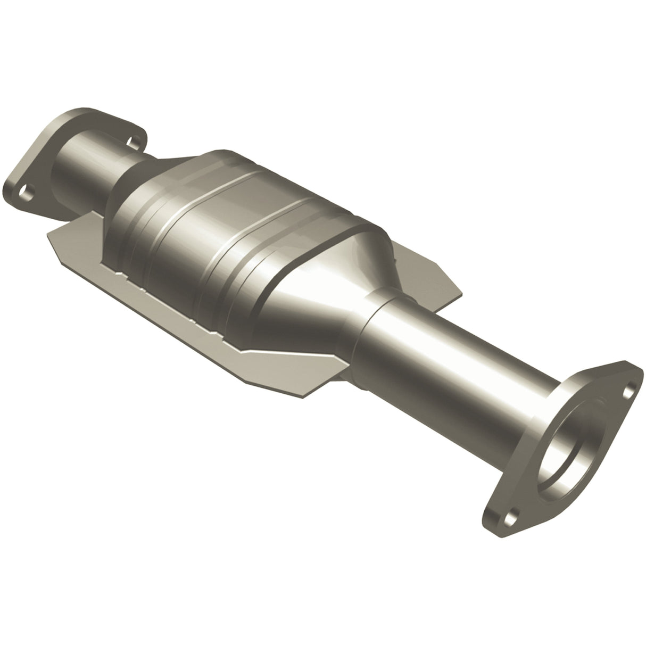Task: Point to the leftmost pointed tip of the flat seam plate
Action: coord(49,234)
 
